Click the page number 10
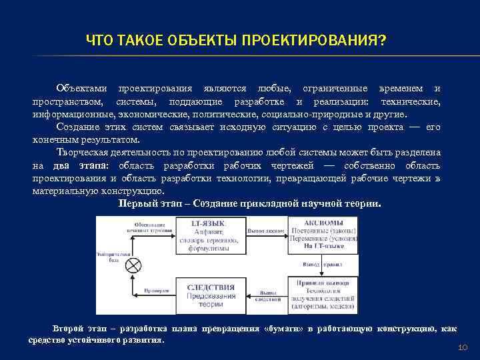(x=463, y=348)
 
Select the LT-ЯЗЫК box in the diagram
(x=209, y=235)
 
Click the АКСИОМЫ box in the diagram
(x=323, y=235)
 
